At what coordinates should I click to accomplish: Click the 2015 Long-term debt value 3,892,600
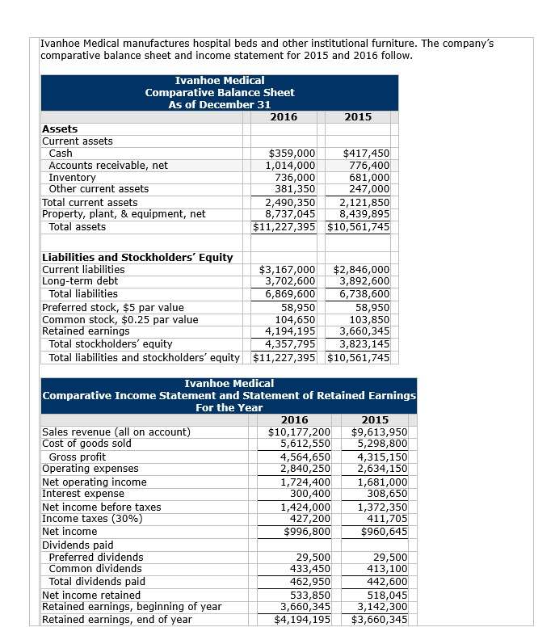[x=360, y=281]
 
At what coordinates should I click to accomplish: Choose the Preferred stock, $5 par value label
[x=112, y=307]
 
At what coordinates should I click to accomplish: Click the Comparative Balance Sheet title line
[x=220, y=92]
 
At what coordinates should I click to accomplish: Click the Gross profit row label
[x=78, y=457]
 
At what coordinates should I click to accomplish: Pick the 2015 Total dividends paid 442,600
[x=386, y=581]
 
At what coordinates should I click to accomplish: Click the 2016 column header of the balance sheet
[x=283, y=117]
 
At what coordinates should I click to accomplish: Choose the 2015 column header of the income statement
[x=376, y=419]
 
